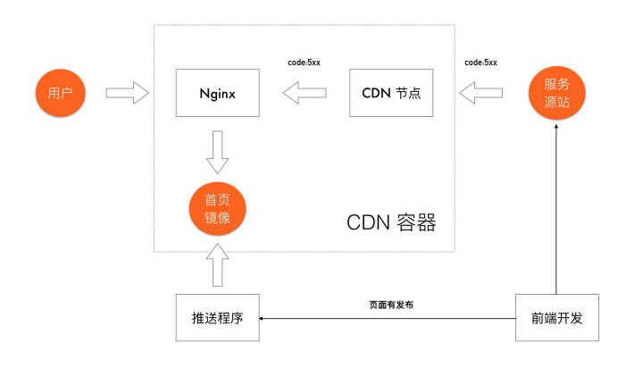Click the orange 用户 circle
60,92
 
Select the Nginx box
217,92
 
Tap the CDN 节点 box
391,92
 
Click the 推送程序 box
218,317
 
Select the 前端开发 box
556,317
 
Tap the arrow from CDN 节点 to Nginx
305,92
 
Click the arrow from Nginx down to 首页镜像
217,152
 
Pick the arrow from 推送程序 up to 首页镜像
217,265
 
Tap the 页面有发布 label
390,305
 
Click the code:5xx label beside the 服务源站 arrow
480,63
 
